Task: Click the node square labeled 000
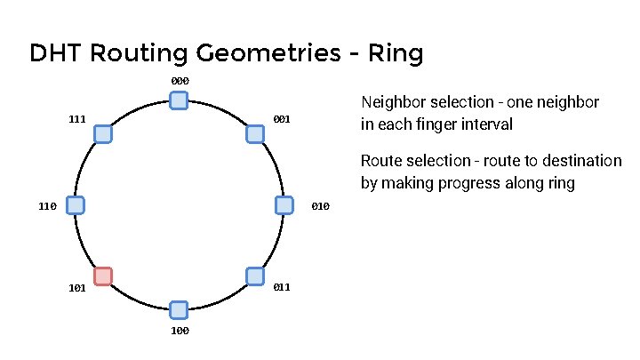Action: [179, 100]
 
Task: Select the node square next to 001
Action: [254, 133]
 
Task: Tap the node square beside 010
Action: [284, 205]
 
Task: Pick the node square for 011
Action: [254, 276]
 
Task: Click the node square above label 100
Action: [179, 309]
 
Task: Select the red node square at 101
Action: [103, 276]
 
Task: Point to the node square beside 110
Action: [76, 205]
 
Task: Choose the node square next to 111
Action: [103, 133]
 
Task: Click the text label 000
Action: [180, 82]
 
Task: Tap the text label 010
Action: [321, 206]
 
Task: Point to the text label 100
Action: [180, 331]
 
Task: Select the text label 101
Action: [77, 288]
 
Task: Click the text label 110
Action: [48, 206]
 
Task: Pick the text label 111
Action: [77, 119]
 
